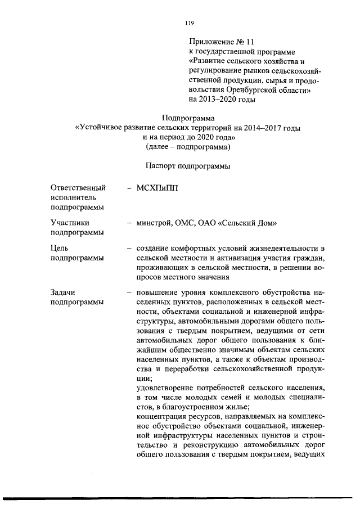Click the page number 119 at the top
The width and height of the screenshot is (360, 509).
coord(189,23)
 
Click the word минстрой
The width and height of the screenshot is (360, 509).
coord(155,223)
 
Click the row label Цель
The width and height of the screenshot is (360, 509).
coord(60,248)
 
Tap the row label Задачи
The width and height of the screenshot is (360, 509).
coord(63,292)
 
